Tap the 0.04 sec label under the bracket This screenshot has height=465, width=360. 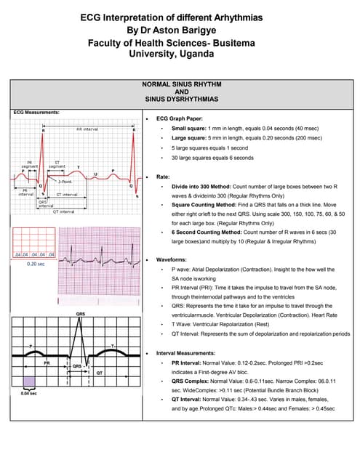[28, 393]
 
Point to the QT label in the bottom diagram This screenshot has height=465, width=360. [101, 373]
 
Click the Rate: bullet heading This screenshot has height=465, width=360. [163, 177]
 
